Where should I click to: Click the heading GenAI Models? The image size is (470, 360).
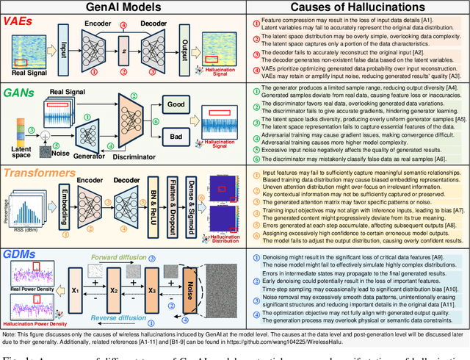click(123, 7)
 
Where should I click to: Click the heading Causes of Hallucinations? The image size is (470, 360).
click(356, 7)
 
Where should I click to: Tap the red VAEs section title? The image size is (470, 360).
click(22, 23)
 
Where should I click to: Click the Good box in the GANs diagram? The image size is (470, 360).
click(174, 104)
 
